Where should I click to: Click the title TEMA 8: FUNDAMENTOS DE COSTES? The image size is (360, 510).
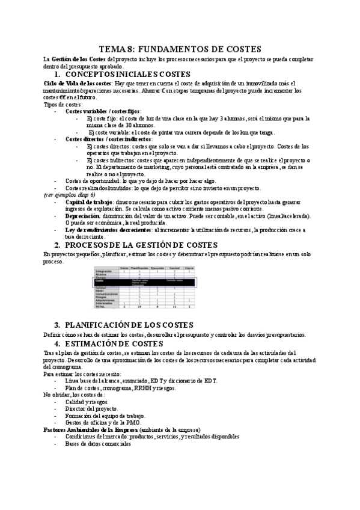(x=180, y=49)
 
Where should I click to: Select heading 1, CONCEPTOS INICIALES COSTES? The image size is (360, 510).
(x=128, y=74)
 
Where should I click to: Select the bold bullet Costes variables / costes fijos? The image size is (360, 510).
(x=103, y=111)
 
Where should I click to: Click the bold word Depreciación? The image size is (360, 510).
(x=83, y=216)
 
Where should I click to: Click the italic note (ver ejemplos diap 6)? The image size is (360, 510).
(x=69, y=195)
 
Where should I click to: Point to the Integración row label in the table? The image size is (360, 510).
(x=104, y=271)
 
